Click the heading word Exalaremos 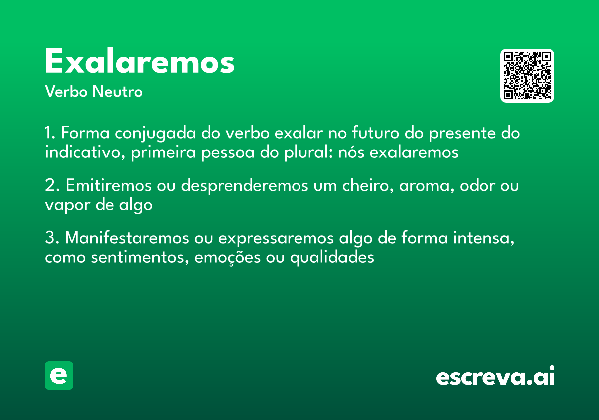(140, 62)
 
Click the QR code (527, 76)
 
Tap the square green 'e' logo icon (59, 375)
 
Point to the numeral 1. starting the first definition (50, 134)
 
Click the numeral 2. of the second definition (52, 186)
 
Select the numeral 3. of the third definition (52, 238)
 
